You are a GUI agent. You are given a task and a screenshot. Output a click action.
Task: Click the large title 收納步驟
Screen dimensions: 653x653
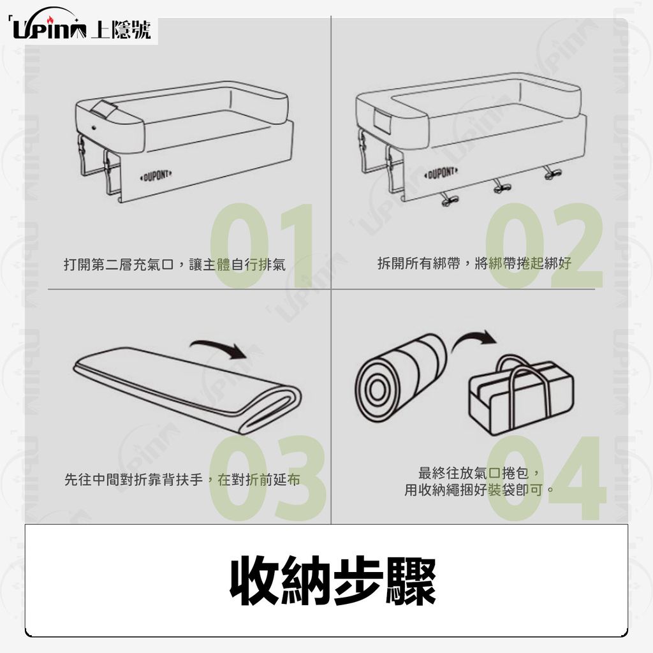pyautogui.click(x=333, y=580)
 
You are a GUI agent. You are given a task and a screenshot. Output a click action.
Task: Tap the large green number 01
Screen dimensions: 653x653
pyautogui.click(x=261, y=245)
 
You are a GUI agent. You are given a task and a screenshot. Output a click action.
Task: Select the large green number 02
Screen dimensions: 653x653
pyautogui.click(x=544, y=245)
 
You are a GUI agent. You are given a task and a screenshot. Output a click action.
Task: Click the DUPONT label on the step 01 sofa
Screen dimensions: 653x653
pyautogui.click(x=156, y=175)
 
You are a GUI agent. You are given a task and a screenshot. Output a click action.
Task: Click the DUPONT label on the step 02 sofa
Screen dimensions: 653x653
pyautogui.click(x=441, y=172)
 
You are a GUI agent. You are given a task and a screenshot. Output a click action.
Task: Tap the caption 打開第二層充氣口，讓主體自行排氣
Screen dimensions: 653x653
pyautogui.click(x=175, y=265)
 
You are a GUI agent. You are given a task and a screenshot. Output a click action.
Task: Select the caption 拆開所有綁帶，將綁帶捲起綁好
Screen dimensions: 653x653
pyautogui.click(x=474, y=263)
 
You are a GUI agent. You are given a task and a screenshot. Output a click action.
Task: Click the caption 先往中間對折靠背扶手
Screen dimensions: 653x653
pyautogui.click(x=133, y=480)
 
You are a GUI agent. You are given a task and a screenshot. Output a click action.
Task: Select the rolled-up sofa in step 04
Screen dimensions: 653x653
pyautogui.click(x=400, y=378)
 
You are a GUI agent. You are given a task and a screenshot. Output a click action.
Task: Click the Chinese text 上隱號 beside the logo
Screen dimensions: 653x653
pyautogui.click(x=121, y=29)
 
